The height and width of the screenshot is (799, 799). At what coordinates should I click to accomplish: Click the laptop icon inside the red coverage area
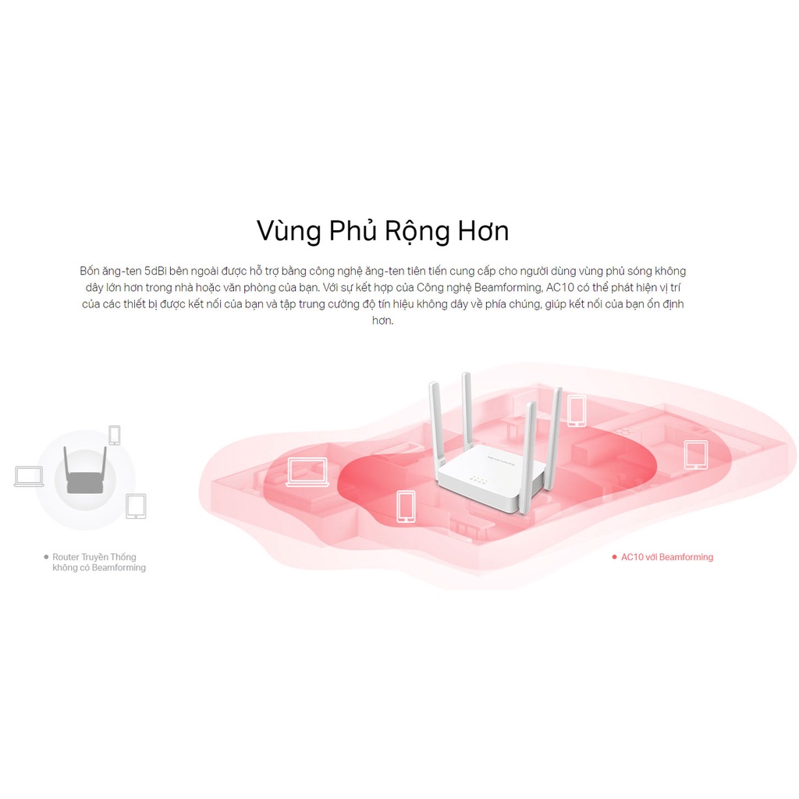tap(303, 472)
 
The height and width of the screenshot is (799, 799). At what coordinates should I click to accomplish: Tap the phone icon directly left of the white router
tap(406, 506)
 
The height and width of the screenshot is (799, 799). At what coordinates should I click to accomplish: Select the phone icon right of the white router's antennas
tap(577, 410)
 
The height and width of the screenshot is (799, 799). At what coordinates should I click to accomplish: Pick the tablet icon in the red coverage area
tap(695, 454)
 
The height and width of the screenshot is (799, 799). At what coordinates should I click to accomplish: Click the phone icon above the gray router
tap(115, 435)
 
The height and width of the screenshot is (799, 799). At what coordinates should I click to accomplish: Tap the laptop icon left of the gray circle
tap(29, 476)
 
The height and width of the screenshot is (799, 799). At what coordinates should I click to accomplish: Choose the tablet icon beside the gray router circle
tap(136, 506)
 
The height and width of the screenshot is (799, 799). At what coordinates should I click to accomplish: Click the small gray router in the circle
tap(85, 476)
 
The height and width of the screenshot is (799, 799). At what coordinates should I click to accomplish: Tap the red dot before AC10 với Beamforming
tap(615, 557)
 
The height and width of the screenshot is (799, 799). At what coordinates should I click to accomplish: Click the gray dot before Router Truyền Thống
tap(46, 557)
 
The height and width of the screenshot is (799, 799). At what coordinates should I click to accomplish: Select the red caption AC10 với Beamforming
tap(667, 557)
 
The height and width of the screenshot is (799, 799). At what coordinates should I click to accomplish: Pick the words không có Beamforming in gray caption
tap(99, 568)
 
